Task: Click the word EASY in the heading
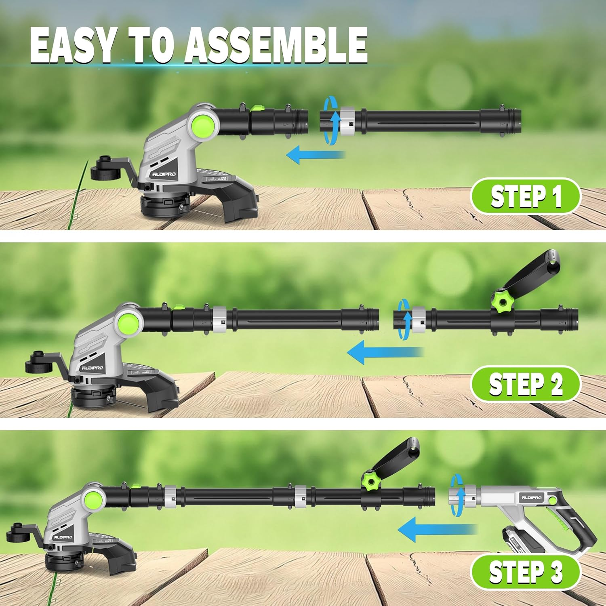73,45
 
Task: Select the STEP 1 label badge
526,196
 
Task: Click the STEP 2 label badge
526,384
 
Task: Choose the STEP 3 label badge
526,572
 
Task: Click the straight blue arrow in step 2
384,352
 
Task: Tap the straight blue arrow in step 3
436,529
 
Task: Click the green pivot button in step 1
204,124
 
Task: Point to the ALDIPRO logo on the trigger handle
531,498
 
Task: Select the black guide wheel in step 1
106,170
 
